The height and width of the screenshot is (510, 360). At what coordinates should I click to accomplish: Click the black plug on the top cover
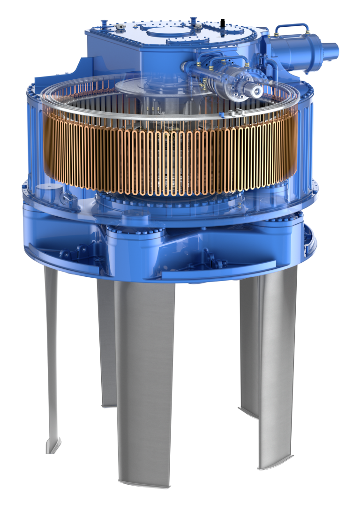(x=222, y=22)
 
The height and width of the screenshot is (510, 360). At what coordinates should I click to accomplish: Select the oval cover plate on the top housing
(x=169, y=32)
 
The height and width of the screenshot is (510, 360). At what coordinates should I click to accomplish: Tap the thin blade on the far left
(x=51, y=357)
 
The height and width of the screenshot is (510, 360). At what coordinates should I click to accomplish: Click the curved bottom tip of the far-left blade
(x=52, y=446)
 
